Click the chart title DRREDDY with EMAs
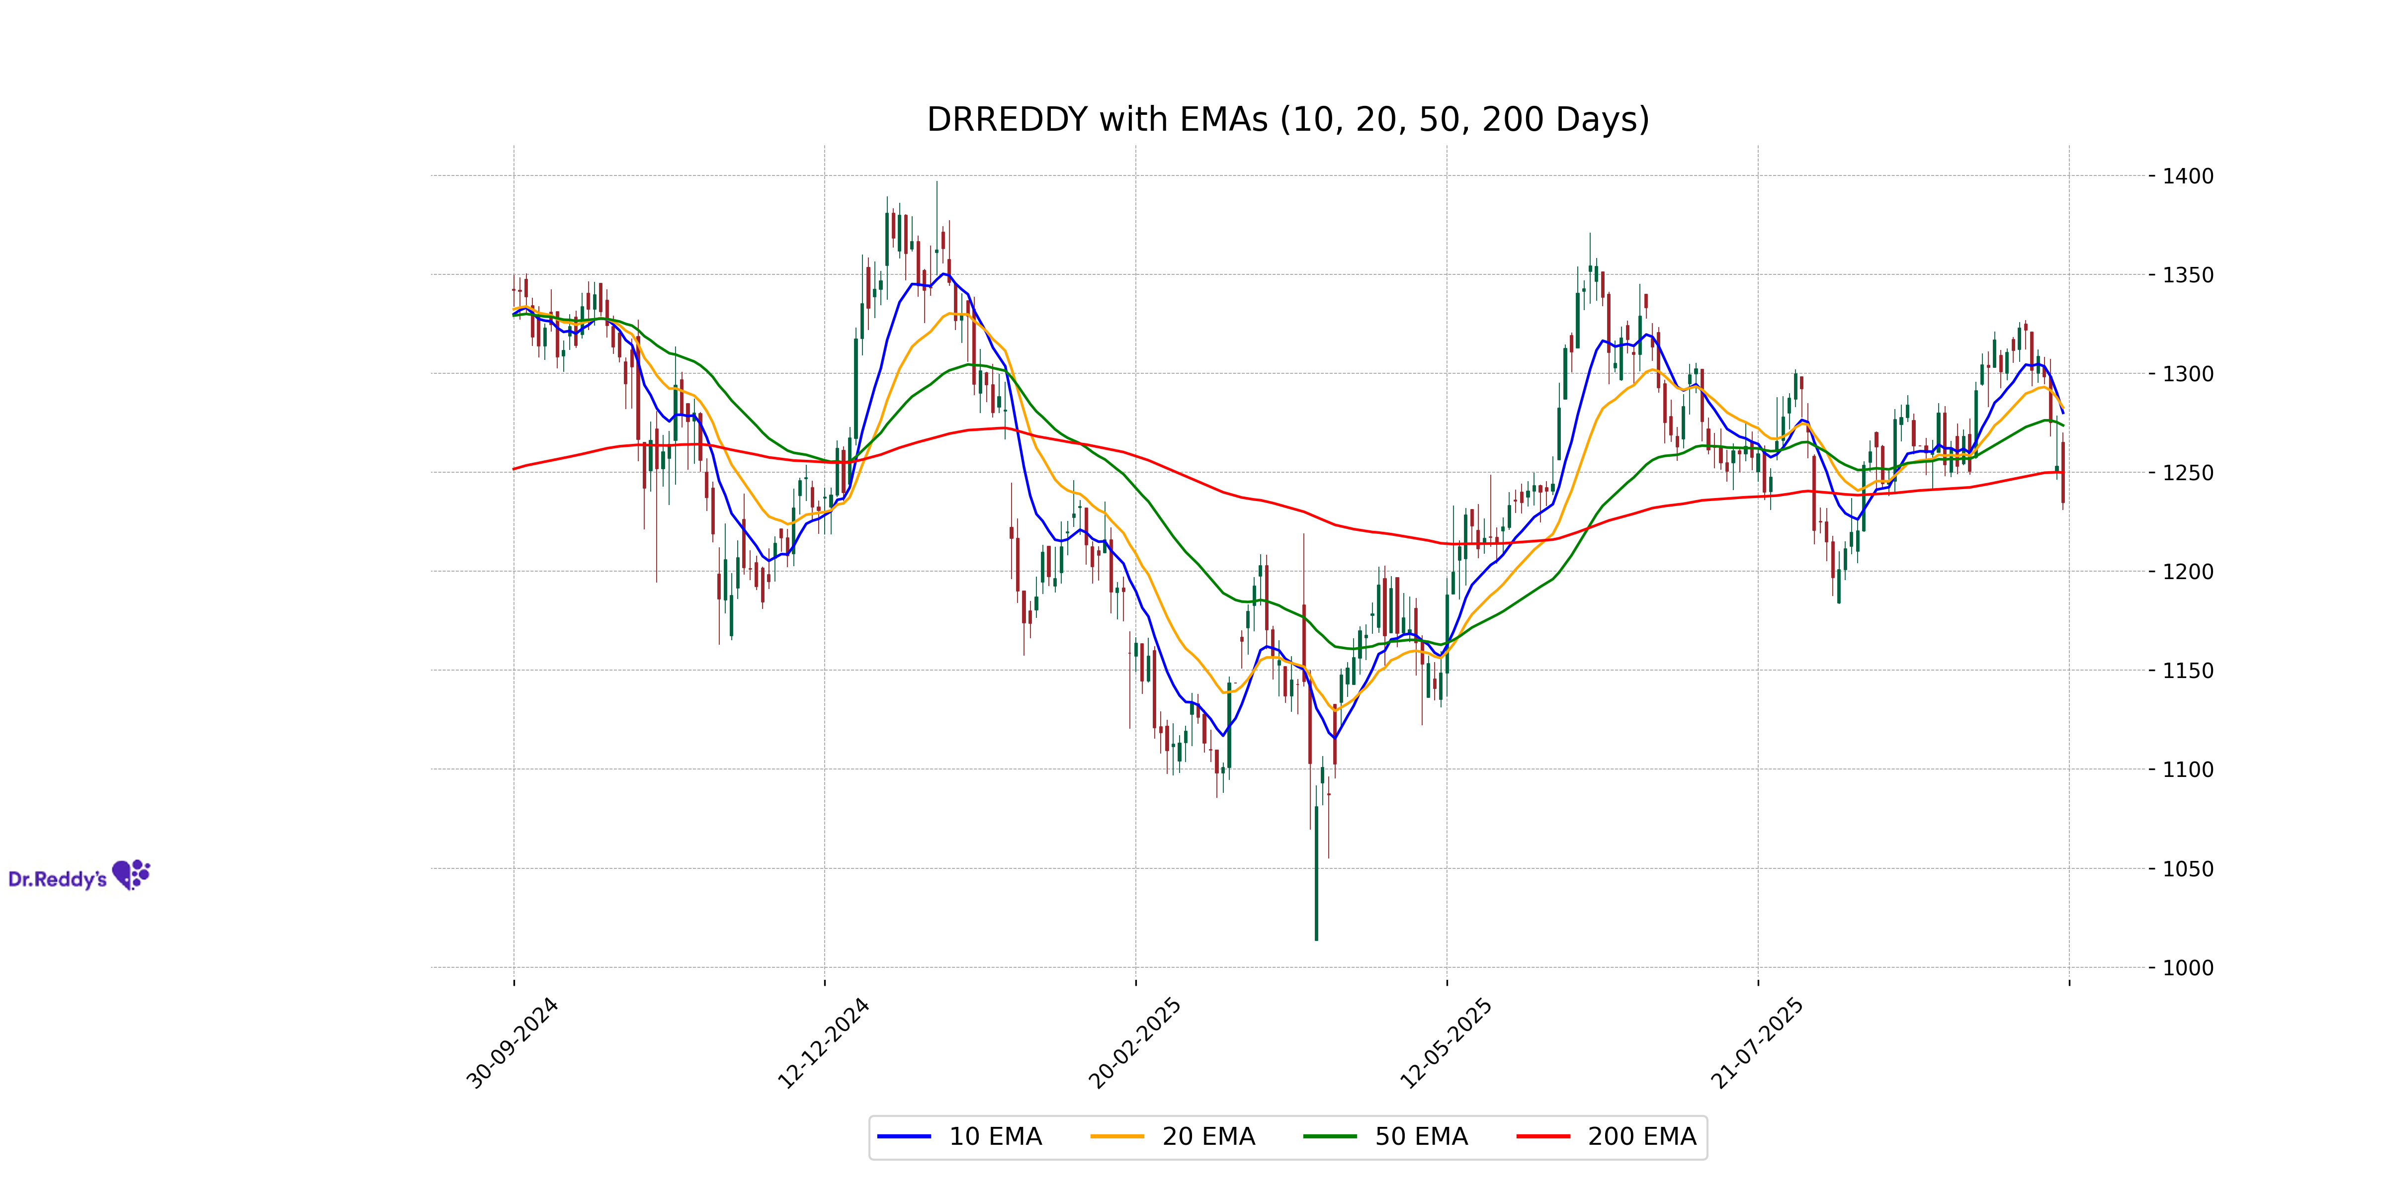click(1287, 119)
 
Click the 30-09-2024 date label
click(512, 1043)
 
